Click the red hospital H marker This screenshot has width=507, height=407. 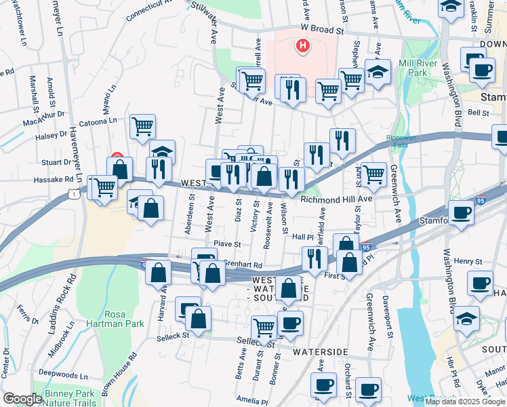[x=303, y=46]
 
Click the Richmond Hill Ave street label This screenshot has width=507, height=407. [x=337, y=199]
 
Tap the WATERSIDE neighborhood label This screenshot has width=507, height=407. [x=321, y=352]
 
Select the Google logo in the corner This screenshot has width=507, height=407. [x=22, y=399]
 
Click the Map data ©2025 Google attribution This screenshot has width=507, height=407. [x=465, y=402]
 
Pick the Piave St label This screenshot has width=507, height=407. [x=227, y=244]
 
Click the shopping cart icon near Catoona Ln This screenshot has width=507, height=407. [x=143, y=126]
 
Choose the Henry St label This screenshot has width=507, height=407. [x=468, y=260]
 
